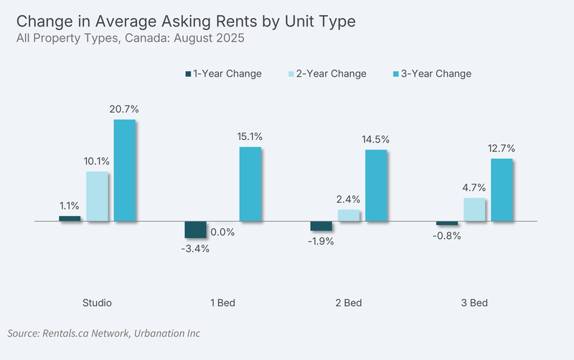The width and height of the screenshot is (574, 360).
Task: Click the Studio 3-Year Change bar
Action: (124, 170)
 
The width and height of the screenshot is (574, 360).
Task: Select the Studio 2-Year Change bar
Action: (97, 196)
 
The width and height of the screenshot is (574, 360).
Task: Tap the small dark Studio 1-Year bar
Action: (70, 219)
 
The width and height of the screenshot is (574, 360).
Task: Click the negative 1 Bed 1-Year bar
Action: (195, 229)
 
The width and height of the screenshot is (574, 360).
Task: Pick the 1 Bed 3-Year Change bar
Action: (250, 184)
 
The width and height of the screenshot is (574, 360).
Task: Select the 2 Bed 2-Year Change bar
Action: (349, 215)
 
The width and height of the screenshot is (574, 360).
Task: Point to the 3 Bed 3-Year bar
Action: (502, 190)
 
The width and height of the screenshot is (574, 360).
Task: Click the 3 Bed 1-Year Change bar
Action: (447, 223)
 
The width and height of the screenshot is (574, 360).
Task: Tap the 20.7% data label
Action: (124, 109)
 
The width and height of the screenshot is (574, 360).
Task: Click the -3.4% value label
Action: (195, 249)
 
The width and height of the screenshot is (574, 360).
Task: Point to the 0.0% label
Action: (222, 232)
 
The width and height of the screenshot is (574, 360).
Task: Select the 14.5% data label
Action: (375, 139)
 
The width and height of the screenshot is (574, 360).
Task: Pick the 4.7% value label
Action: (474, 188)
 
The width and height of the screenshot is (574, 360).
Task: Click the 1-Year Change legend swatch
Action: (188, 74)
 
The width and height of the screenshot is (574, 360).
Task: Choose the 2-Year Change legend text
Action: (331, 74)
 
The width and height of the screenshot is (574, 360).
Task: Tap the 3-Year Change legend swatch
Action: (396, 74)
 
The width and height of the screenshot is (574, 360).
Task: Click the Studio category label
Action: (97, 303)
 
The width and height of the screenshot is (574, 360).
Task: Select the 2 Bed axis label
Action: (349, 303)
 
